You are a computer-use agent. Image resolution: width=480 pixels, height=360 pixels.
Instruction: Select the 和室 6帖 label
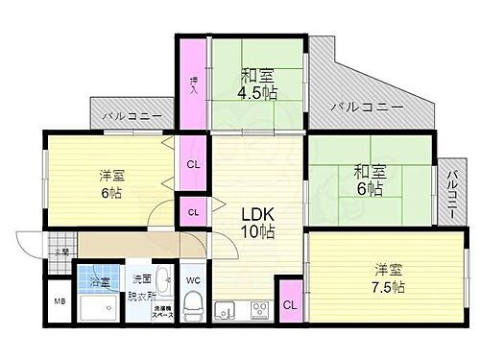point(369,180)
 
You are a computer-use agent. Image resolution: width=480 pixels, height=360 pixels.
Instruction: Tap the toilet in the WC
point(192,308)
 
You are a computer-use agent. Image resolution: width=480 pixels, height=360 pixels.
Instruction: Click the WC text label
point(192,280)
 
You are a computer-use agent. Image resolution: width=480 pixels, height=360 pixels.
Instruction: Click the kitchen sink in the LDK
point(226,310)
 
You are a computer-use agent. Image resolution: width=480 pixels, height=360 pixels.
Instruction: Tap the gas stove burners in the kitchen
point(258,310)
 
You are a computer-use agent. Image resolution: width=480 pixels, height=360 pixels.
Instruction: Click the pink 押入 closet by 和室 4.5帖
point(191,81)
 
